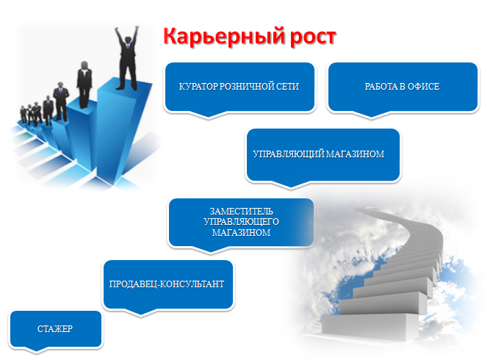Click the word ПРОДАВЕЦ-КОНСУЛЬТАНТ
coord(167,284)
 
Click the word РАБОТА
coord(381,87)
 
